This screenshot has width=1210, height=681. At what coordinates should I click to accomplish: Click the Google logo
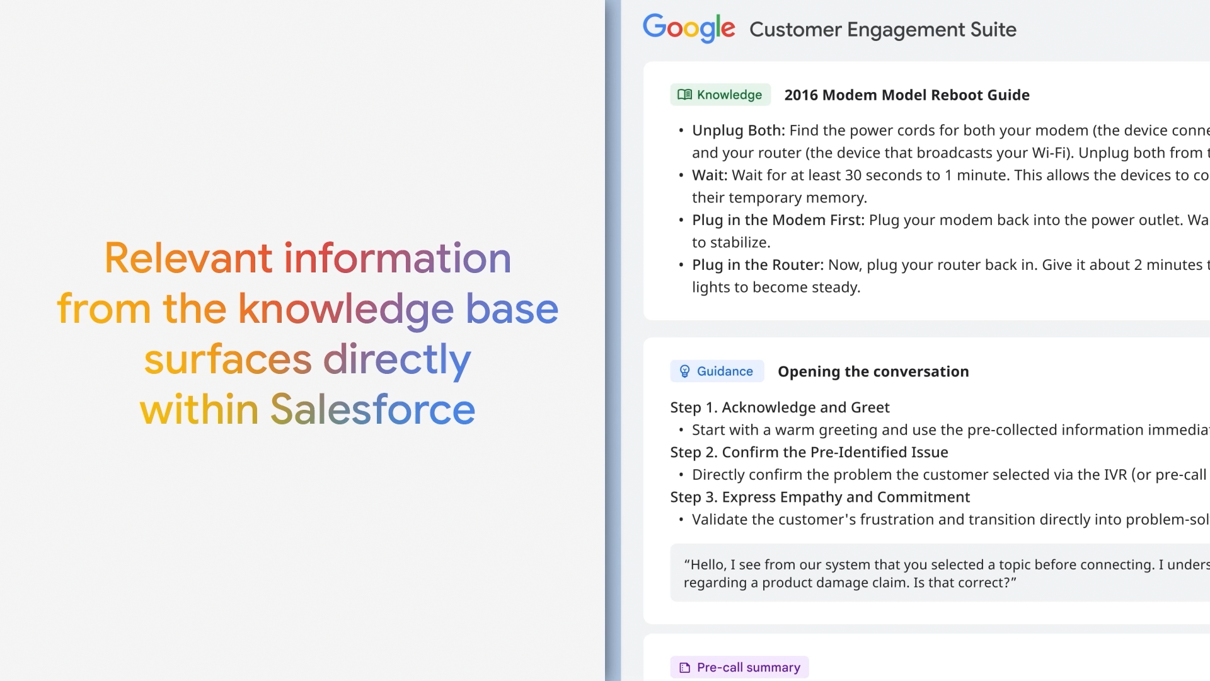(689, 28)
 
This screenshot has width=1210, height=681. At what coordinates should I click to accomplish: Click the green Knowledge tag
(720, 95)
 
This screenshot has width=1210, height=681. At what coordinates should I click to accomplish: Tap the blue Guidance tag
(717, 371)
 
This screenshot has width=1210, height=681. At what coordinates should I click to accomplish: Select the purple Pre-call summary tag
(739, 667)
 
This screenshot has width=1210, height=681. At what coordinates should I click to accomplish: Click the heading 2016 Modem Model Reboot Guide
(907, 95)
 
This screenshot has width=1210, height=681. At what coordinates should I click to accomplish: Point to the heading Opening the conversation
(873, 372)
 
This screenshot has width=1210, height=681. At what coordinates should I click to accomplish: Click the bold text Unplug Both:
(739, 131)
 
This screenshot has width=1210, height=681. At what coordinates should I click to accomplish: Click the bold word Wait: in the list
(710, 175)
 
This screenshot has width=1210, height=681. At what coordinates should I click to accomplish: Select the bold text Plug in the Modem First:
(778, 220)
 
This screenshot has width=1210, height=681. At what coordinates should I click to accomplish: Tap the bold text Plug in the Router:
(758, 265)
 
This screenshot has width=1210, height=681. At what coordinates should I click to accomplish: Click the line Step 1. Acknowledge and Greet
(780, 407)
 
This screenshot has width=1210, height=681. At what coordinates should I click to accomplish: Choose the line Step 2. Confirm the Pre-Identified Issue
(809, 452)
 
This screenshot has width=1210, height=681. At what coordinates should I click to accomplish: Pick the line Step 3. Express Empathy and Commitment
(820, 497)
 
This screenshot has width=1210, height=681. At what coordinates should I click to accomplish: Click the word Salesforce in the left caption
(372, 409)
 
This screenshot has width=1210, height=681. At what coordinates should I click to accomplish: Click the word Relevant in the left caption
(188, 258)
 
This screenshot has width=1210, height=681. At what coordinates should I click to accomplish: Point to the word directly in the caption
(397, 360)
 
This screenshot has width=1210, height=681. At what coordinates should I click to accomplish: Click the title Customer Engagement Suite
(883, 30)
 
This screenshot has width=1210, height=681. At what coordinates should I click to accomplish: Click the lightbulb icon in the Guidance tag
(685, 371)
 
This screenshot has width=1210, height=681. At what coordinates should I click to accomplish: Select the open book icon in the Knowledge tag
(684, 95)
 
